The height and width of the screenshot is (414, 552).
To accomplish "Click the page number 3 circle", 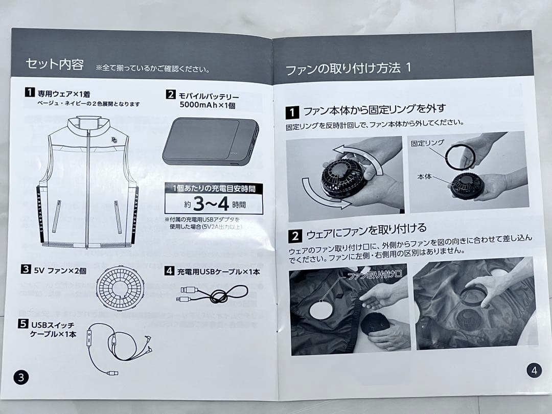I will click(21, 378).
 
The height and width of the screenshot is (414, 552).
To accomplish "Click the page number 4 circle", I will click(534, 371).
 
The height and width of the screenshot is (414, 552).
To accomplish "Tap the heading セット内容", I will click(55, 64).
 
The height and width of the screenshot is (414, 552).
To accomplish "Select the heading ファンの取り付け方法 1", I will click(348, 68).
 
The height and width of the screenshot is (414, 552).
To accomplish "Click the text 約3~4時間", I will click(213, 205).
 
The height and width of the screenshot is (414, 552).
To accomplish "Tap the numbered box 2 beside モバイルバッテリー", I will click(171, 95).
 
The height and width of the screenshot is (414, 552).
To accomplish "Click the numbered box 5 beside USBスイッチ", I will click(23, 324).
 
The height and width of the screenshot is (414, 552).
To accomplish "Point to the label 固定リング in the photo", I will click(427, 143).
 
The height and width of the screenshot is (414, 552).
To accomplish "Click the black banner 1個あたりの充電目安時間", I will click(214, 189).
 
